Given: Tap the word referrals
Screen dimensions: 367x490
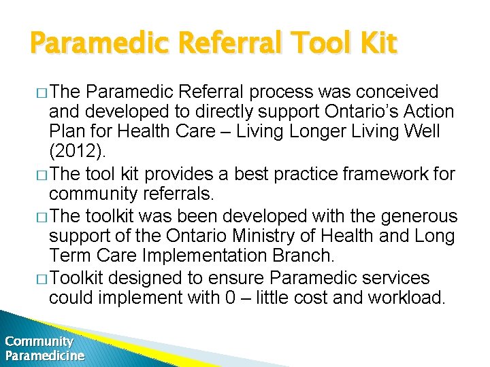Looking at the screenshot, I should coord(178,195).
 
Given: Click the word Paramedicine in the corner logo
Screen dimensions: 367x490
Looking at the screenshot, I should coord(45,355).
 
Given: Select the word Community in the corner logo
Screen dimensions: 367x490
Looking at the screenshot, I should coord(39,341).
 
